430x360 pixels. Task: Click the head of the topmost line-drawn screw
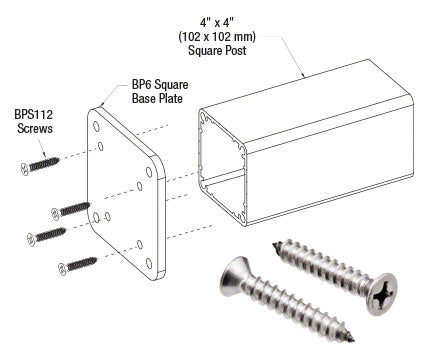click(x=25, y=170)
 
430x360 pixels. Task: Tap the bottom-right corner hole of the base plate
click(x=151, y=262)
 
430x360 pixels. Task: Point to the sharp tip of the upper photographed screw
click(x=275, y=244)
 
